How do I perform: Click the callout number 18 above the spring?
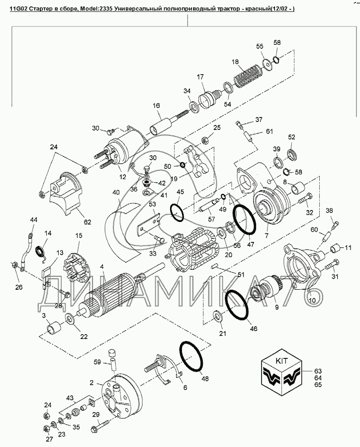click(x=235, y=62)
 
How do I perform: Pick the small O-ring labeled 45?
click(x=177, y=212)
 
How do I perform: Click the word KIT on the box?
click(x=281, y=360)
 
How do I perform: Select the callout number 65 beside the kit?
click(x=318, y=385)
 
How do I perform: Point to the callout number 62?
click(x=88, y=222)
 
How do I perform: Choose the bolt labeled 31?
click(x=332, y=264)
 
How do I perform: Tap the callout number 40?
click(x=116, y=193)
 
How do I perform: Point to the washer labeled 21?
click(x=218, y=316)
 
